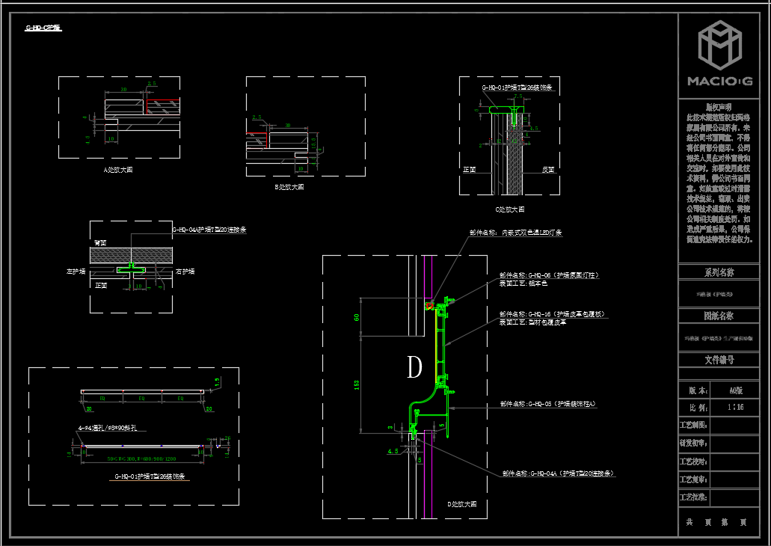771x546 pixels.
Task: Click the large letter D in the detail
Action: point(414,366)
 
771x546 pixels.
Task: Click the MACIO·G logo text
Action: point(719,81)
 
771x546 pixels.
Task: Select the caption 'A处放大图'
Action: point(118,170)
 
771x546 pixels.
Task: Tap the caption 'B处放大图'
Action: point(289,187)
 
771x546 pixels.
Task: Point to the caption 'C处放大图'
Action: point(510,209)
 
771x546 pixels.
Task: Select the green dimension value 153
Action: point(357,384)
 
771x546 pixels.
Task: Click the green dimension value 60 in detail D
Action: point(357,318)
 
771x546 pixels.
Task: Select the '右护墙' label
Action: point(185,271)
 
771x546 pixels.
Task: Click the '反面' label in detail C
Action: point(548,170)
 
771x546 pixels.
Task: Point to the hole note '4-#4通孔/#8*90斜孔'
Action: point(111,429)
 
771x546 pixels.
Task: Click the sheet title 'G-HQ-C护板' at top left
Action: point(43,28)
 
